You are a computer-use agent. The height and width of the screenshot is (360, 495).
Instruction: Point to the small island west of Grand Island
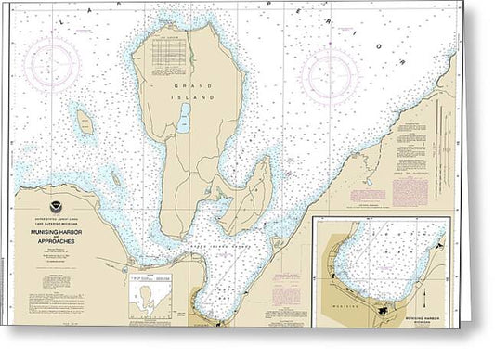point(85,122)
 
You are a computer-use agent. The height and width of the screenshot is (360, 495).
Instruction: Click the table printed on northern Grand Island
point(170,45)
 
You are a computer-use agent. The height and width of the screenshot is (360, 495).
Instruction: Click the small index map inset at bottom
point(150,298)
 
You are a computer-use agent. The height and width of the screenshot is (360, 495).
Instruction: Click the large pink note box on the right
point(410,191)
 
